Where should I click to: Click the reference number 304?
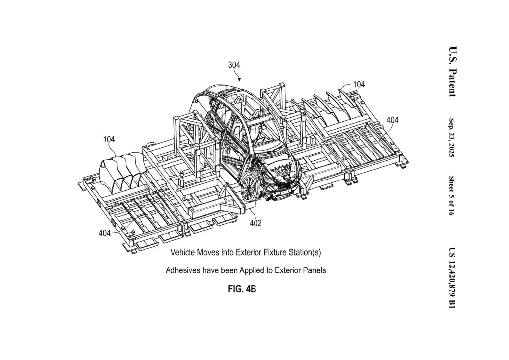coord(234,65)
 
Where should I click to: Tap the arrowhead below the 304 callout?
coord(239,79)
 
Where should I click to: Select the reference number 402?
coord(255,223)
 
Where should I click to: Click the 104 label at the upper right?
coord(359,84)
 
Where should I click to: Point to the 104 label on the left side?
coord(109,139)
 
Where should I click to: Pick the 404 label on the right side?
coord(392,120)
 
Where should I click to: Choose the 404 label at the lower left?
coord(104,233)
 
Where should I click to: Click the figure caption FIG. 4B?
coord(242,289)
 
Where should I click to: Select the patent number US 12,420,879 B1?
coord(452,278)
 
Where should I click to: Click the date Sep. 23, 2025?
coord(452,137)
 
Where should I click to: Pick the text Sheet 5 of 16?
coord(452,196)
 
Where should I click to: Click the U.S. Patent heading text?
coord(453,72)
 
